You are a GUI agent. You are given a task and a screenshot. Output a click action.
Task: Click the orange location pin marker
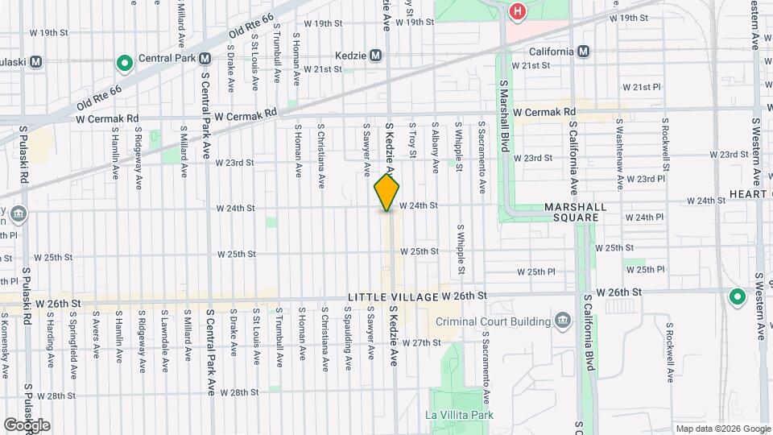(x=387, y=193)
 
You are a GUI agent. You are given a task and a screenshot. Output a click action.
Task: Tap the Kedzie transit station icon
(x=376, y=56)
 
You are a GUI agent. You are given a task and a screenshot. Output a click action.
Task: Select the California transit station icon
(x=583, y=52)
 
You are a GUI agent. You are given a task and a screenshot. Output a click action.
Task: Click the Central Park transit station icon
(x=205, y=58)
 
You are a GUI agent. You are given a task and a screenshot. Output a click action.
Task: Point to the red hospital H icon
(x=518, y=11)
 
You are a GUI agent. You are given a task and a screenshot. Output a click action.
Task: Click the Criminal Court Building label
(x=494, y=321)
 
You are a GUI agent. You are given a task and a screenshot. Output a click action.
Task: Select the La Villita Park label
(x=459, y=416)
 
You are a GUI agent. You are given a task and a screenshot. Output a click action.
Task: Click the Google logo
(x=27, y=425)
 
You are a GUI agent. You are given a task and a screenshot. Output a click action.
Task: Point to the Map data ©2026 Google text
(x=721, y=429)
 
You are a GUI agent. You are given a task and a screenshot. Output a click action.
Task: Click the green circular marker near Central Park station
(x=124, y=62)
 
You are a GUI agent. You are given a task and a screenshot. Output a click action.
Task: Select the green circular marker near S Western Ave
(x=736, y=297)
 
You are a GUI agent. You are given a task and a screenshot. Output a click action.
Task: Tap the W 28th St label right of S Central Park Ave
(x=238, y=392)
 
